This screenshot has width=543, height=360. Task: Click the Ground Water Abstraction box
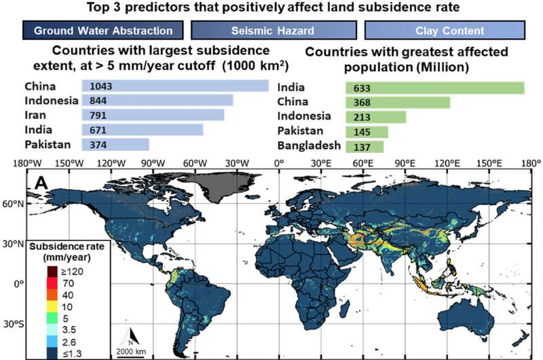(x=102, y=31)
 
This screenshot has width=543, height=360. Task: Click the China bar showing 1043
(x=175, y=86)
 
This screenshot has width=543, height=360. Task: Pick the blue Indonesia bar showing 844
(x=157, y=100)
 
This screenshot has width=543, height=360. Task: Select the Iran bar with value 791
(x=153, y=115)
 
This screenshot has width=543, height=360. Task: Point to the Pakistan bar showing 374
(x=115, y=144)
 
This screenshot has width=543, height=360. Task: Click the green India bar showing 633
(x=435, y=88)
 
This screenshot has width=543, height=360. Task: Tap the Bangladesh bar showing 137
(x=364, y=146)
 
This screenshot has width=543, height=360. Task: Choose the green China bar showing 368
(x=398, y=103)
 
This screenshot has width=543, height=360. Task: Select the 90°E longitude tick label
(x=405, y=163)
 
